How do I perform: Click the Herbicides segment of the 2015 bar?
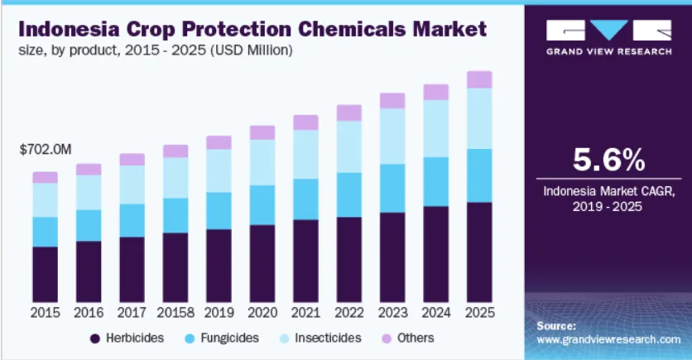45,273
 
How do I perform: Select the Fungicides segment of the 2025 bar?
479,175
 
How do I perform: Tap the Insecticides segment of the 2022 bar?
349,146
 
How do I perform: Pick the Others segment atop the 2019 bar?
219,142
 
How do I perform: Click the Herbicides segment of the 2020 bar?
262,262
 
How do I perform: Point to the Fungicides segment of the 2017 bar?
132,220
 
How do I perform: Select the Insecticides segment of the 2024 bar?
436,128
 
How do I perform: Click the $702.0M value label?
46,150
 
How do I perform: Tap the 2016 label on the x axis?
89,313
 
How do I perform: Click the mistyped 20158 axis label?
175,313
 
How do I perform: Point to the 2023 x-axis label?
392,313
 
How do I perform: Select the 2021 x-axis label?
305,313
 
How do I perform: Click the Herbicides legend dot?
95,338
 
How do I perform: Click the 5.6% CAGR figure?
608,158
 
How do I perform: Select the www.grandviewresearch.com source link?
608,339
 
